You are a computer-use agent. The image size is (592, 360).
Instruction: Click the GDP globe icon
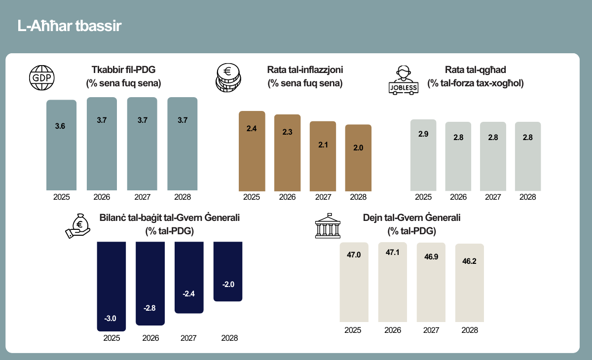(x=42, y=77)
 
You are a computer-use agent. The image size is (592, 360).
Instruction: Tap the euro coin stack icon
(x=228, y=77)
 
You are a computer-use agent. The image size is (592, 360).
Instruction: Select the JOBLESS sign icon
(x=404, y=80)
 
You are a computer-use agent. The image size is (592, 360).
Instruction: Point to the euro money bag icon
(x=78, y=226)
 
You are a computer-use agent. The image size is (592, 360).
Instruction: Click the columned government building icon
(x=328, y=226)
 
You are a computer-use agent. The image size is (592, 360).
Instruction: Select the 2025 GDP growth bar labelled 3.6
(x=61, y=145)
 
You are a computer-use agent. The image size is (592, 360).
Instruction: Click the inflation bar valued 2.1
(x=323, y=156)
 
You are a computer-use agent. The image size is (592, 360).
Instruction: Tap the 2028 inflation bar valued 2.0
(x=358, y=158)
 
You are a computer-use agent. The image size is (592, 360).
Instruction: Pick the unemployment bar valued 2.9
(x=423, y=155)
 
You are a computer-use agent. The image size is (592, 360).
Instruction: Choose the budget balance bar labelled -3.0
(x=111, y=287)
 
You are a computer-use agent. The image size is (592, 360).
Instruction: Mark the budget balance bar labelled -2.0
(x=228, y=271)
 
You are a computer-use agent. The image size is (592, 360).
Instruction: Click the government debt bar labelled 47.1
(x=393, y=282)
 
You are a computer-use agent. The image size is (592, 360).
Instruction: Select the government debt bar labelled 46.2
(x=469, y=283)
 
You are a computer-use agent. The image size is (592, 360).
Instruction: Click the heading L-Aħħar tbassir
(x=69, y=26)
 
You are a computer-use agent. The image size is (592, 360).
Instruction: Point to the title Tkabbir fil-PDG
(x=123, y=70)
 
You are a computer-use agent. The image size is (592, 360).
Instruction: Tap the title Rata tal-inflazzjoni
(x=305, y=70)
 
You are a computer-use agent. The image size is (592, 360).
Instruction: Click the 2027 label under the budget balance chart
(x=188, y=338)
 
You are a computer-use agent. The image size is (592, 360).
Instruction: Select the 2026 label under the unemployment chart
(x=458, y=197)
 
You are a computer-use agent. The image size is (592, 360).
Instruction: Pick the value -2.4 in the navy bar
(x=188, y=294)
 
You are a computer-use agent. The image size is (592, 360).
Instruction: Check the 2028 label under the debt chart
(x=470, y=330)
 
